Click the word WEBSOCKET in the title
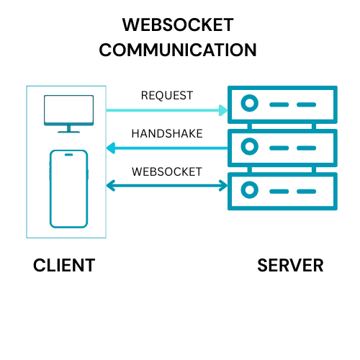coord(178,25)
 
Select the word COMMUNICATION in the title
coord(178,50)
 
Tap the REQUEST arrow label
coord(167,96)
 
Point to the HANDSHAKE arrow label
coord(167,134)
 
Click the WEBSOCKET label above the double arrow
coord(167,172)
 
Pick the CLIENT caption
coord(64,266)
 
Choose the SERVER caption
coord(290,266)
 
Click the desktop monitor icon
coord(68,109)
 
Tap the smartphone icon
coord(68,189)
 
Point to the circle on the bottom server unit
coord(249,190)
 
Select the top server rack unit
coord(281,105)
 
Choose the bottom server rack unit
coord(281,190)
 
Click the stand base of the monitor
coord(68,131)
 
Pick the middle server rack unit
coord(281,148)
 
